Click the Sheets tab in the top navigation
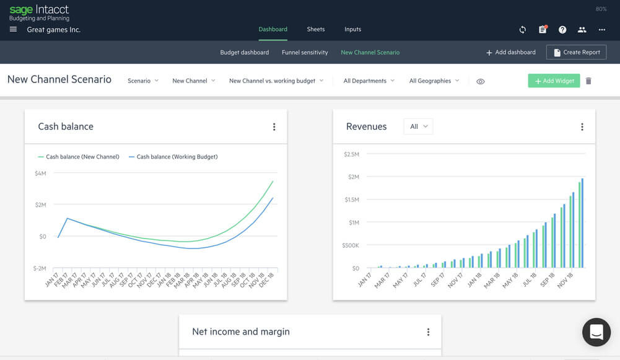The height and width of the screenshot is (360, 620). (x=316, y=29)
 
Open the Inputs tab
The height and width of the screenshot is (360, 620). (x=352, y=29)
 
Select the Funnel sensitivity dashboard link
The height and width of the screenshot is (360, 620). (x=305, y=53)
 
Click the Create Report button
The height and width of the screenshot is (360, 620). (x=576, y=53)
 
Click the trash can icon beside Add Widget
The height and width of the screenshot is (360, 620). (x=588, y=81)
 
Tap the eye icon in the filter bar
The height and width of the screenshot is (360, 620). (x=481, y=81)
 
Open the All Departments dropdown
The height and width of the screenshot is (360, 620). (x=369, y=81)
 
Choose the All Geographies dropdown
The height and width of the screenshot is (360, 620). (x=434, y=81)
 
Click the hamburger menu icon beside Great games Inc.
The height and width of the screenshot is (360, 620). (x=14, y=30)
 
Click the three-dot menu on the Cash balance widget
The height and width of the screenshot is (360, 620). (x=274, y=127)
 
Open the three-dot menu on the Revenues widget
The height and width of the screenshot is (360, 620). (x=582, y=127)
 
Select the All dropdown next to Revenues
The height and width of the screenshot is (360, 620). (x=418, y=126)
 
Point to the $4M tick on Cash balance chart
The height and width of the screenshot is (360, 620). (x=40, y=173)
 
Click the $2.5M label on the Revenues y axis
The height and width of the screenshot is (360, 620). (x=351, y=154)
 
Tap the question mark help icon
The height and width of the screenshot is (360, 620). (x=562, y=30)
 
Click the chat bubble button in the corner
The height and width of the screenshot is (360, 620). (x=596, y=332)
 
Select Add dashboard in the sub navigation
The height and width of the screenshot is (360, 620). (x=511, y=53)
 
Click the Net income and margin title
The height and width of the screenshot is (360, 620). (x=241, y=331)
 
